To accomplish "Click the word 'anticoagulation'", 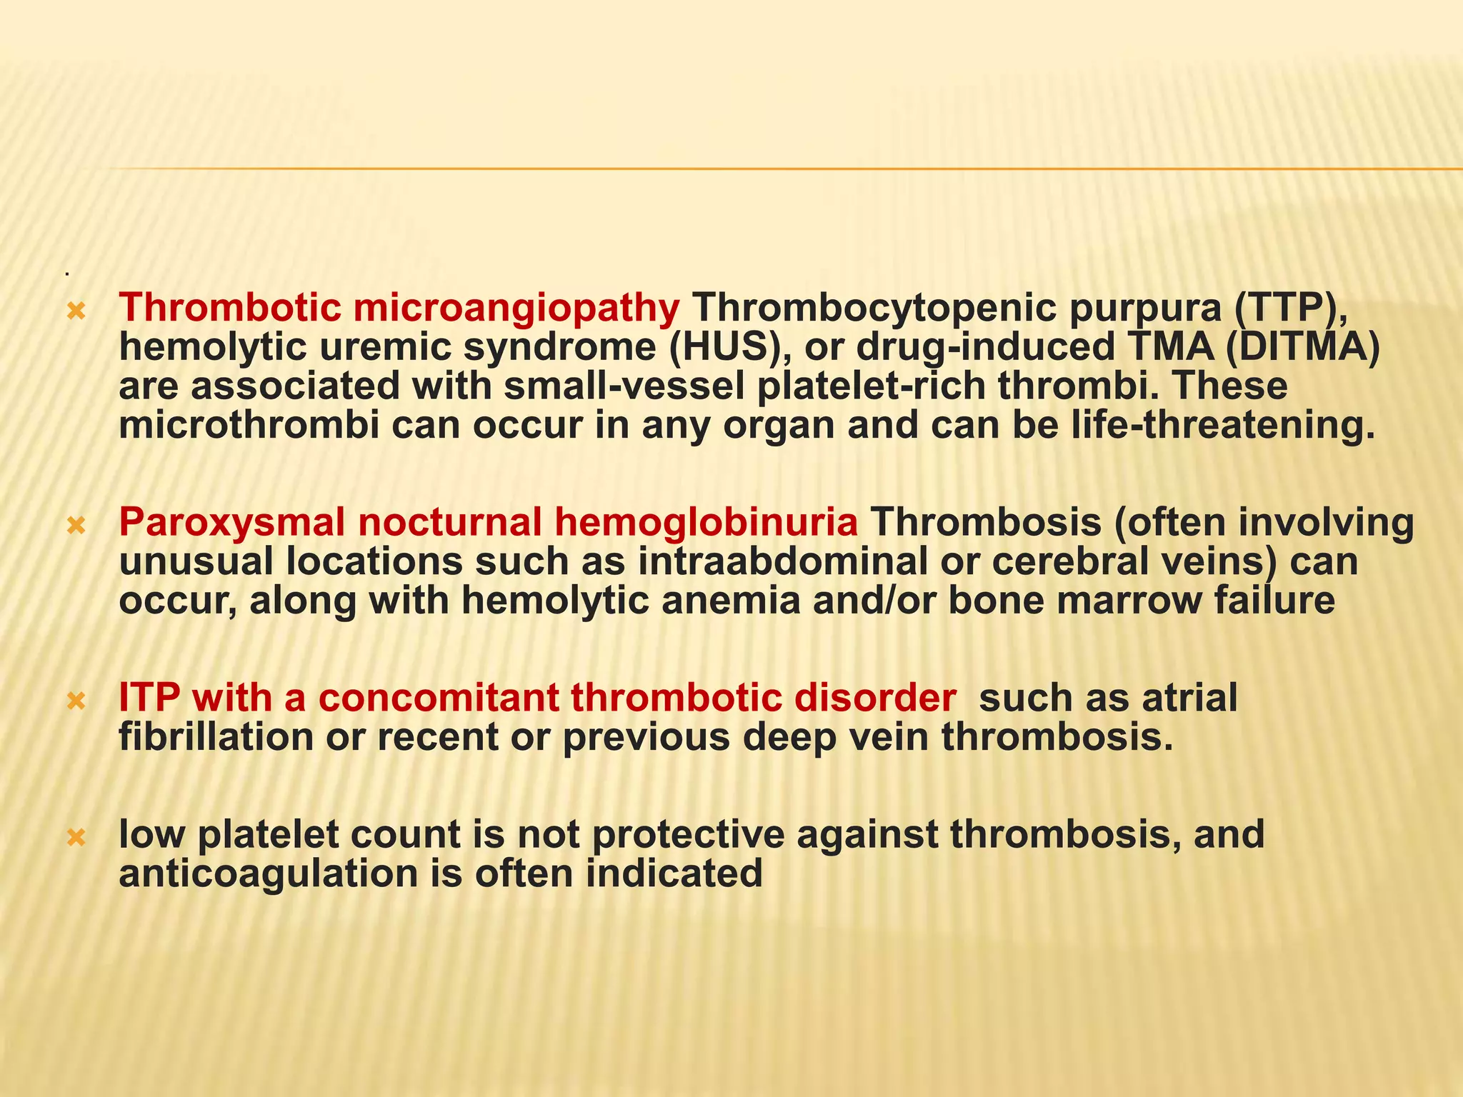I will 267,873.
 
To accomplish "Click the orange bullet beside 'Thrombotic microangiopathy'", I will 75,311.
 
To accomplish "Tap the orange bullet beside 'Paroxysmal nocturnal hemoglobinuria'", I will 75,526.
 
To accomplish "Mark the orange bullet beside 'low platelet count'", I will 75,837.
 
